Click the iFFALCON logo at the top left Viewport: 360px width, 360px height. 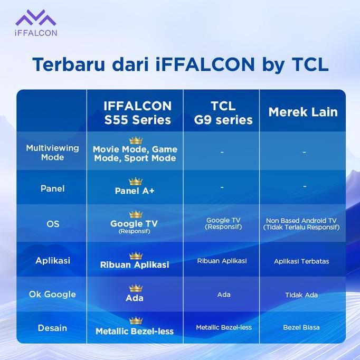coord(35,24)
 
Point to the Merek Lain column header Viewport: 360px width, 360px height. coord(302,112)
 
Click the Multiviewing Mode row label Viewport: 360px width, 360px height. coord(52,153)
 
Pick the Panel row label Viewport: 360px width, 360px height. coord(52,188)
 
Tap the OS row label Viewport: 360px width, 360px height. coord(53,224)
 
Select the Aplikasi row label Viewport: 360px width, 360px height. coord(53,260)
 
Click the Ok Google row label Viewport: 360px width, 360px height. coord(53,294)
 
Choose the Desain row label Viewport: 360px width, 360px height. coord(53,328)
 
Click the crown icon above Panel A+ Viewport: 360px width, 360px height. coord(136,182)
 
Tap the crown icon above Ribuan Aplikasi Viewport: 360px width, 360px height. coord(136,255)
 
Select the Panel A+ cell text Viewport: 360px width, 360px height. coord(135,191)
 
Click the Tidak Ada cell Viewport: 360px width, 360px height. coord(301,295)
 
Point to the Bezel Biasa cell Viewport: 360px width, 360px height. coord(301,327)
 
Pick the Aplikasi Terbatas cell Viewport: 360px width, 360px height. coord(301,261)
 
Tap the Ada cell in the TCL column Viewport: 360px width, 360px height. coord(223,295)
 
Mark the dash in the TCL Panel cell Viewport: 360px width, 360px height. coord(222,187)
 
